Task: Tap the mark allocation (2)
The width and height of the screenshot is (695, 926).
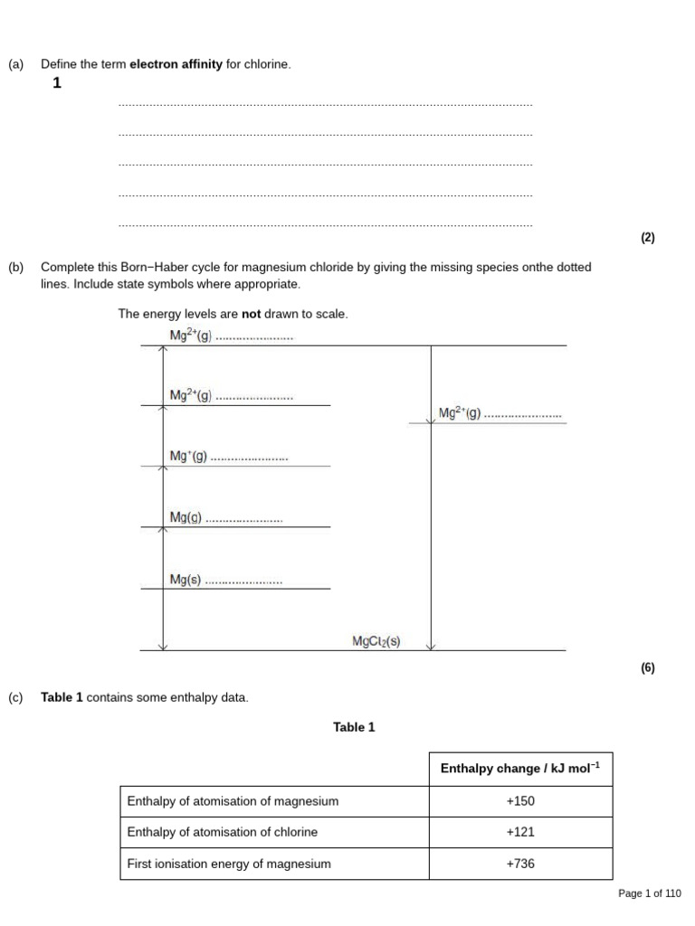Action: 647,239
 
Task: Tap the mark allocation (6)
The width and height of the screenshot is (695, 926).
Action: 647,668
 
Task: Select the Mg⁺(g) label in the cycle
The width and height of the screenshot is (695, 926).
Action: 188,457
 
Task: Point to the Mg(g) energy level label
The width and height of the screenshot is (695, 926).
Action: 186,517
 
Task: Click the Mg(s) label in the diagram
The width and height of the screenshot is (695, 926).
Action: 186,580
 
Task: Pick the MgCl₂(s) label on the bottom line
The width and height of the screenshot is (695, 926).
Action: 376,642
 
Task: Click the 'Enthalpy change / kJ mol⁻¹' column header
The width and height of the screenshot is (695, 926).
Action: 519,769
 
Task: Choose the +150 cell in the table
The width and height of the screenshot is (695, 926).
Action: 519,801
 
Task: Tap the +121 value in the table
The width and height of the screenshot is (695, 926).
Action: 519,832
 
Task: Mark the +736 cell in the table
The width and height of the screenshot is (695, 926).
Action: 519,864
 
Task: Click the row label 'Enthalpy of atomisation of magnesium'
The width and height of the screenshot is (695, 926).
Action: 233,801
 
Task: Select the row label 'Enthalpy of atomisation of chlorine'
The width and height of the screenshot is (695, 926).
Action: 223,832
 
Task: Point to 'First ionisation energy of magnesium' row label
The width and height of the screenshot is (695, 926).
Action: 229,864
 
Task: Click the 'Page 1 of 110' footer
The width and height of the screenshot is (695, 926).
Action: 649,893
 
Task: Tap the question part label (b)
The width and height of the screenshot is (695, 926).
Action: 16,268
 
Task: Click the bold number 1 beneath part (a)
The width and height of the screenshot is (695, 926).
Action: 57,84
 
